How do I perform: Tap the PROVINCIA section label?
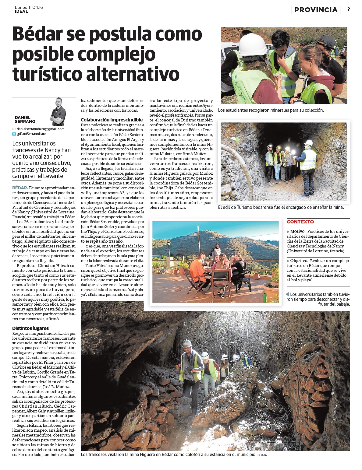[316, 10]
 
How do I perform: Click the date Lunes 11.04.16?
[29, 7]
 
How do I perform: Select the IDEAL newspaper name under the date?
[21, 12]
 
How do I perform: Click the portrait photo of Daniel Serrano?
[58, 112]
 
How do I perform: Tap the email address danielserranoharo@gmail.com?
[40, 129]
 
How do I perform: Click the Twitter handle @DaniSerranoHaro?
[31, 134]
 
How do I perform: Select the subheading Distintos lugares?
[30, 328]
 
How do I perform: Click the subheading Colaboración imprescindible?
[112, 120]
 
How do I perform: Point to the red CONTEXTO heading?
[300, 222]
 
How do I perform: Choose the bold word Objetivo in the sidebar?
[299, 261]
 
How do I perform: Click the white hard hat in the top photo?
[253, 45]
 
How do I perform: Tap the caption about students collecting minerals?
[271, 110]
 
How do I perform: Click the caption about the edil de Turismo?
[281, 207]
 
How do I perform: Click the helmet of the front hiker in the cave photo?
[187, 343]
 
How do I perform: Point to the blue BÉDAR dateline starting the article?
[20, 188]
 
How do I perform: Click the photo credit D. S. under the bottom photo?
[264, 455]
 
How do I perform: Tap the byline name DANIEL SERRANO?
[25, 119]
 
